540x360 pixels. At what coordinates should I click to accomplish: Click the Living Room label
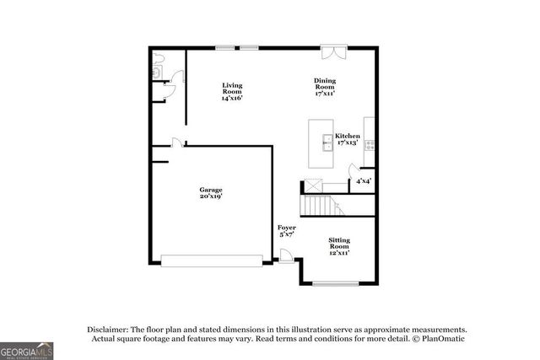(232, 91)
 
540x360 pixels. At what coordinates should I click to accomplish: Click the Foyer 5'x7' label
(287, 231)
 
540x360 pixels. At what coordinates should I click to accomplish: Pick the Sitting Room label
(339, 245)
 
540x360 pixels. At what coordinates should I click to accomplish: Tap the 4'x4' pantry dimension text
(363, 180)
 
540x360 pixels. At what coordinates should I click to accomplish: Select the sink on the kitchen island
(326, 141)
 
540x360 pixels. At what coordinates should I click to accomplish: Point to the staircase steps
(318, 205)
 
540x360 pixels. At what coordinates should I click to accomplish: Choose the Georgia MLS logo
(26, 348)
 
